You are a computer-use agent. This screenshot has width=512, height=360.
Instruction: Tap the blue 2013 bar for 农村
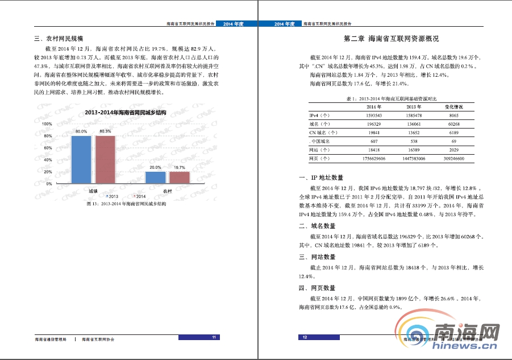coord(155,177)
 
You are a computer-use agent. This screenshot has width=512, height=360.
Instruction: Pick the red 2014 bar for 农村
coord(179,177)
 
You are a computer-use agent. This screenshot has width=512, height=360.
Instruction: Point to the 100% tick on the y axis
coord(47,123)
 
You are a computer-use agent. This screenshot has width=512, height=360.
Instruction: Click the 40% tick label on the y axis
coord(48,160)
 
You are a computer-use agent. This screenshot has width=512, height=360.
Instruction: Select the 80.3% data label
coord(105,131)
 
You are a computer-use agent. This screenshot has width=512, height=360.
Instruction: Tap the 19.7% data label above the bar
coord(179,167)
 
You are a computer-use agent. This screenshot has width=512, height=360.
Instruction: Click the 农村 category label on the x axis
coord(168,191)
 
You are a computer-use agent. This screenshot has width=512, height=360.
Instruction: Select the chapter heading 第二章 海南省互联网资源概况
coord(392,39)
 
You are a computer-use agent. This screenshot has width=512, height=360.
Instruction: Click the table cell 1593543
coord(373,115)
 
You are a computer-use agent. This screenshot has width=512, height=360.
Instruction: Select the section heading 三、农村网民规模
coord(59,39)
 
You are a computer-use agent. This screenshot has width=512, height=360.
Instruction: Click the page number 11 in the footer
coord(214,338)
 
